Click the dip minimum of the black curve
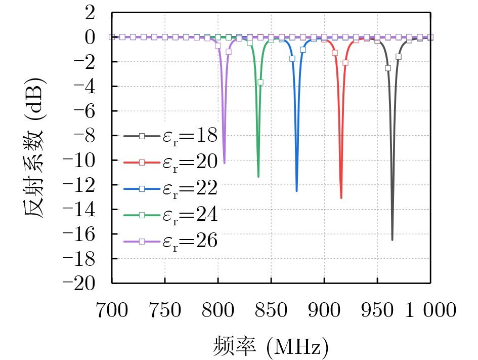(x=392, y=239)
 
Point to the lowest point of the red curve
(x=341, y=197)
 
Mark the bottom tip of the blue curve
(x=296, y=191)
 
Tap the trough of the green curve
(x=258, y=176)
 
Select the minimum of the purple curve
(x=225, y=163)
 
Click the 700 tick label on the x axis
(x=112, y=310)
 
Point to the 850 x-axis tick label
(x=271, y=310)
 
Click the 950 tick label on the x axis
(x=377, y=310)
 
